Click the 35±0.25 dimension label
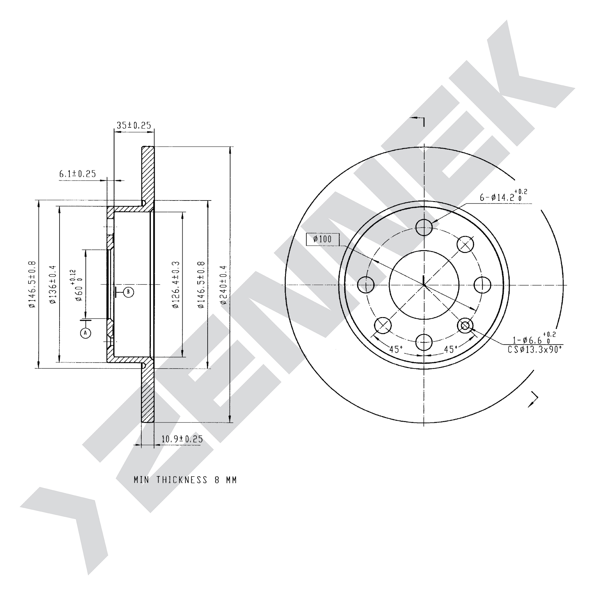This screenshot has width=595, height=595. [134, 125]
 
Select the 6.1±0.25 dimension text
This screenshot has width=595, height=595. [78, 174]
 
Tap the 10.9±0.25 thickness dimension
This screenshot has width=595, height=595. [182, 439]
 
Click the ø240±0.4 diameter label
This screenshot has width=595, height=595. [224, 285]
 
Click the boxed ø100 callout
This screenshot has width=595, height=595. [323, 239]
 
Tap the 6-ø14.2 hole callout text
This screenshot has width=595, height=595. [503, 196]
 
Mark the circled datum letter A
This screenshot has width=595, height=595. [86, 333]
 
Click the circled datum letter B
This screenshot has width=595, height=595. [129, 292]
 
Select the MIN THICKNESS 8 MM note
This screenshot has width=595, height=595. [185, 480]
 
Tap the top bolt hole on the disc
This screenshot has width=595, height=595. [424, 227]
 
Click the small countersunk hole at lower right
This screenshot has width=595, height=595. [465, 325]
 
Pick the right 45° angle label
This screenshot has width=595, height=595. [451, 349]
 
